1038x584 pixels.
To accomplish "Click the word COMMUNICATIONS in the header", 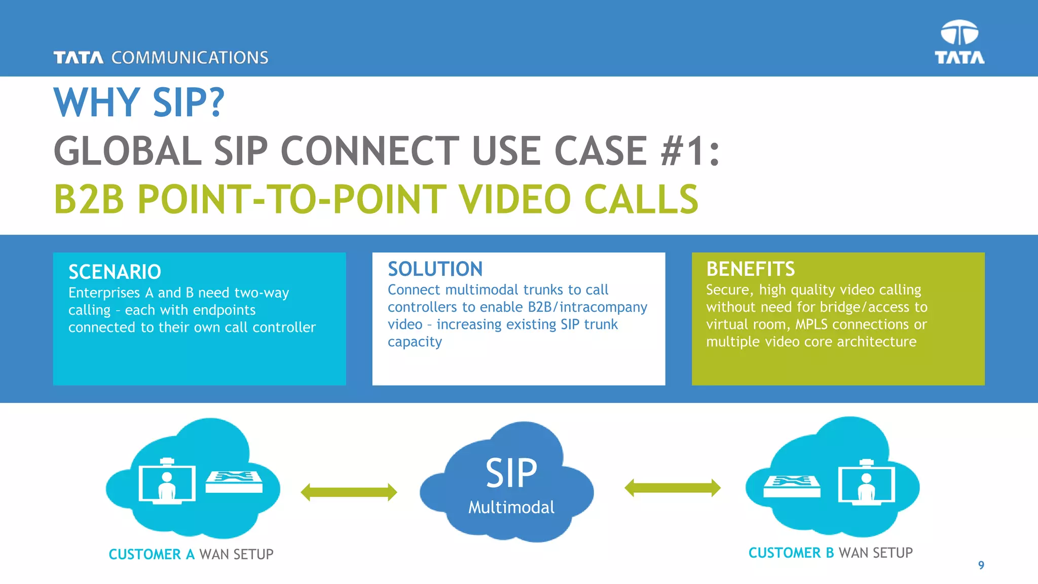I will [x=190, y=58].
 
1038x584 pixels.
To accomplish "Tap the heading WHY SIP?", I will [x=139, y=102].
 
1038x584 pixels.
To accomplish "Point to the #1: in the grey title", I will [x=690, y=151].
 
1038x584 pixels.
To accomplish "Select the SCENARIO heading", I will [x=115, y=272].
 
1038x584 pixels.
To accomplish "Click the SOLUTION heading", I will [x=435, y=269].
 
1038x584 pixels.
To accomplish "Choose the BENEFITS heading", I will [x=750, y=269].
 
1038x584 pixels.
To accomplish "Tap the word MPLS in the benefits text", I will [x=811, y=324].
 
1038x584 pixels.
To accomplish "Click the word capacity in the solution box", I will [x=415, y=342].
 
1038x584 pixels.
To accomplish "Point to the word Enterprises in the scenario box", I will [x=104, y=293].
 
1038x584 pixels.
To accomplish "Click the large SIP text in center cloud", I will [x=511, y=473].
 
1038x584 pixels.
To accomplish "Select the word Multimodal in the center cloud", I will [x=511, y=507].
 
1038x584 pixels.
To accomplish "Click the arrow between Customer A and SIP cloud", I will [x=349, y=492].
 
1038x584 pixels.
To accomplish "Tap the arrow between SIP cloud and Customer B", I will [x=672, y=488].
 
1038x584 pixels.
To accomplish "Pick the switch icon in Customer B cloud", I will [x=792, y=486].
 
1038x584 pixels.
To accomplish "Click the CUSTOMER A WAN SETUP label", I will [x=191, y=554].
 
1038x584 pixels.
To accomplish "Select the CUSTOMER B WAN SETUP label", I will [x=830, y=553].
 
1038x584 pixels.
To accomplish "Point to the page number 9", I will [x=981, y=565].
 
